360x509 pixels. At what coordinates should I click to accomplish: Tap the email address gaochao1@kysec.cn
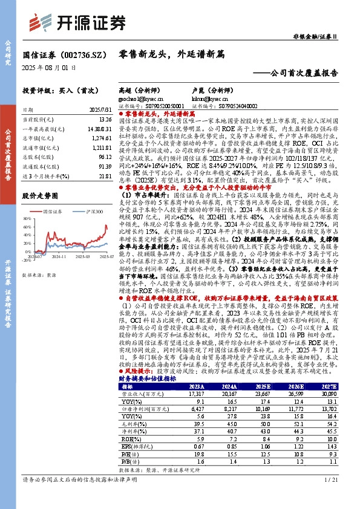pyautogui.click(x=139, y=97)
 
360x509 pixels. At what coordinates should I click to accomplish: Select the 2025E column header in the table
pyautogui.click(x=263, y=369)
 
